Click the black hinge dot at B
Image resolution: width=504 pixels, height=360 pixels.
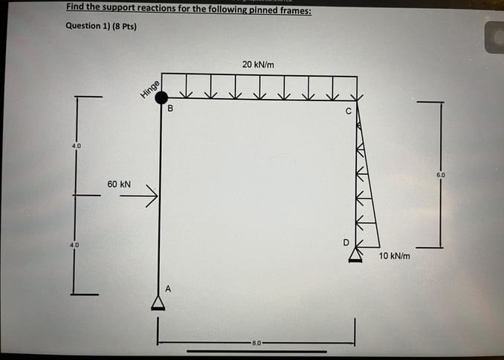coord(161,97)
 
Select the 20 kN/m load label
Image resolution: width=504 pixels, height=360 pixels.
coord(258,65)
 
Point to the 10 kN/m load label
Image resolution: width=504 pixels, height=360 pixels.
coord(394,255)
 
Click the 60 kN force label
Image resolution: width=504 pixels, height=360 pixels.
coord(119,183)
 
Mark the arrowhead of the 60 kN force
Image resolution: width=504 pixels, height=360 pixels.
coord(155,196)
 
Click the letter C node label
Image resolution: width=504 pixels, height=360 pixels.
coord(347,112)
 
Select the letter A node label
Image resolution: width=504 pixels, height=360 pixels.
coord(168,289)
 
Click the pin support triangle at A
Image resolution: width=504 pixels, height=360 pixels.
coord(158,301)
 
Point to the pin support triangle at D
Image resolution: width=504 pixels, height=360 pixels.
coord(355,254)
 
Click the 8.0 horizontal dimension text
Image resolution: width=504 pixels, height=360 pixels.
coord(256,343)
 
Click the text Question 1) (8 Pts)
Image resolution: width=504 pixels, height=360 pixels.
coord(100,26)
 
